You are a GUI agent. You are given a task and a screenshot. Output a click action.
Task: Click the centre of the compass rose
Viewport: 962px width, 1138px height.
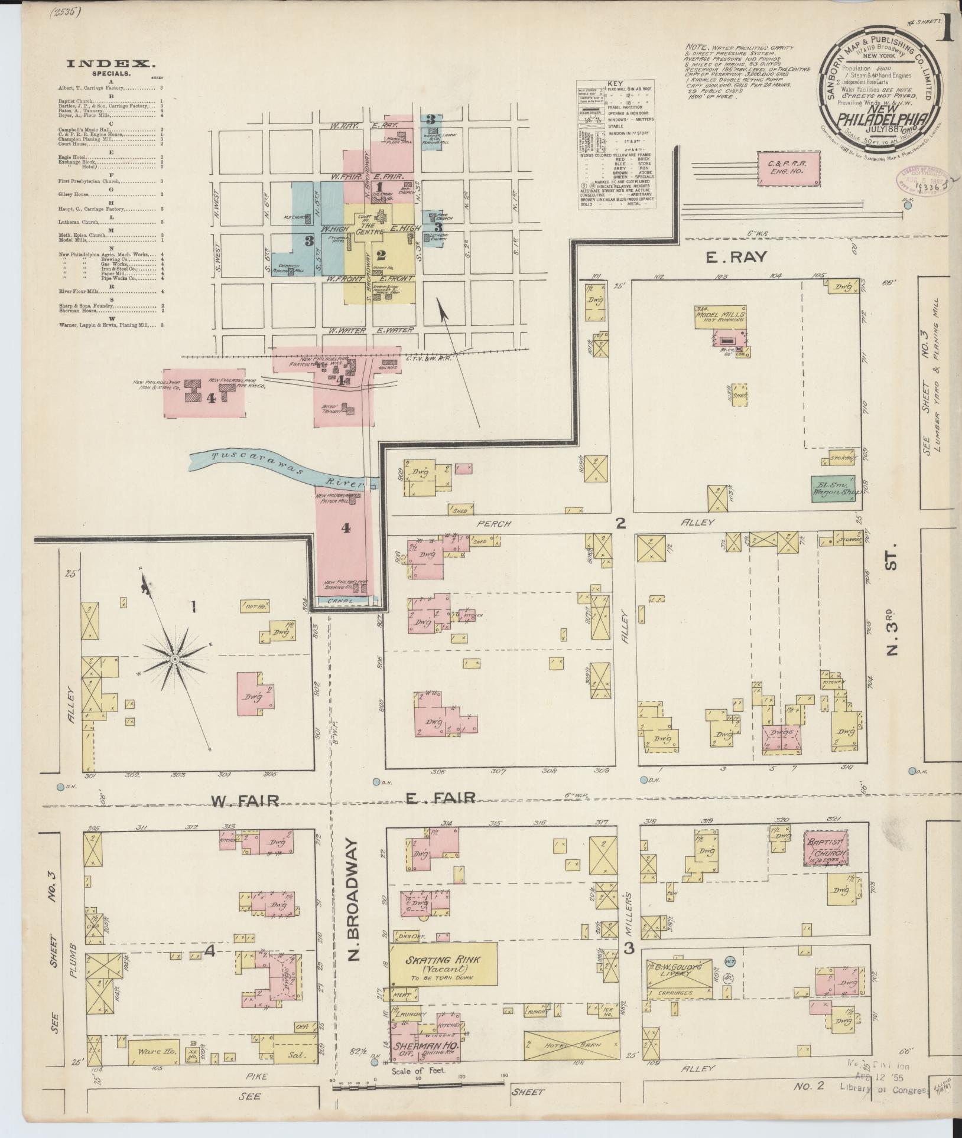click(x=175, y=658)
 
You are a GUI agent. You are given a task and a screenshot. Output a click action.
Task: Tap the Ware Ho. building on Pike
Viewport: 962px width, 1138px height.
click(x=153, y=1052)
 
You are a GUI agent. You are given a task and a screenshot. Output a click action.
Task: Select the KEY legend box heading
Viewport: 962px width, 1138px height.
click(x=615, y=84)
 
